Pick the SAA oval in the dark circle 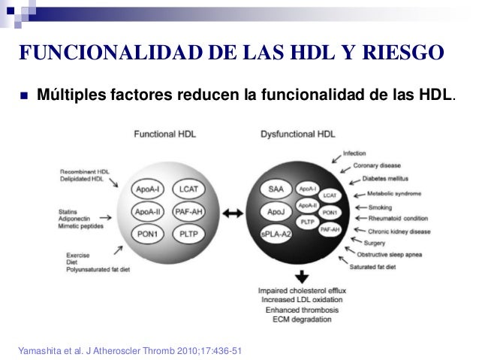[x=275, y=190]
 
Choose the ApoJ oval [x=275, y=213]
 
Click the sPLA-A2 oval [x=276, y=234]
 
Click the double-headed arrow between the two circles [x=233, y=213]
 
